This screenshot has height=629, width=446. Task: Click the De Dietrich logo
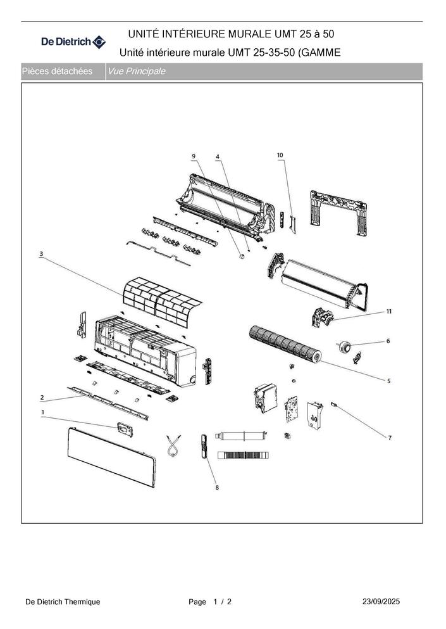point(73,41)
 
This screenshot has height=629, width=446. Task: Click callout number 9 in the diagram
point(194,156)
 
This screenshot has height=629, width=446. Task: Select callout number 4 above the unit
point(218,156)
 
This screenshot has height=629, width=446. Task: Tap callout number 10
point(280,155)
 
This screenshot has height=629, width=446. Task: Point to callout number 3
point(41,254)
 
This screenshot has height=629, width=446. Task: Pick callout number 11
point(389,311)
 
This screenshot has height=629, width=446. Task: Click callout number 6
point(388,341)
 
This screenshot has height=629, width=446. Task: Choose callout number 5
point(388,381)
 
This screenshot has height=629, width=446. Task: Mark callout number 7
point(390,438)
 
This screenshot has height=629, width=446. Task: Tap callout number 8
point(217,487)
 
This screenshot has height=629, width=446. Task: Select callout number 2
point(42,398)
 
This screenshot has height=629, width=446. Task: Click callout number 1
point(43,412)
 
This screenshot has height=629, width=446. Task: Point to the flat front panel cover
point(111,457)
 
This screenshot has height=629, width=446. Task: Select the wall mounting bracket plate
point(338,211)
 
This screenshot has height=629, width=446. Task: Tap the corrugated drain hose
point(243,455)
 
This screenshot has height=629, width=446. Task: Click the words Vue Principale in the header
point(136,72)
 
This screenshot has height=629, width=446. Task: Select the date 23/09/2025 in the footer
point(381,601)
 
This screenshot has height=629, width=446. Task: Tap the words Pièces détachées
point(57,72)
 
